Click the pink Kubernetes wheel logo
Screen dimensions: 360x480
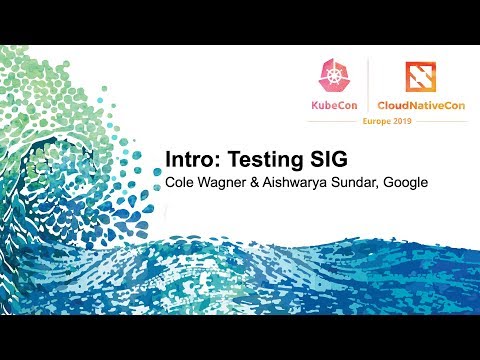coord(332,75)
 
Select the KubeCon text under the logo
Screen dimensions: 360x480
coord(332,104)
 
